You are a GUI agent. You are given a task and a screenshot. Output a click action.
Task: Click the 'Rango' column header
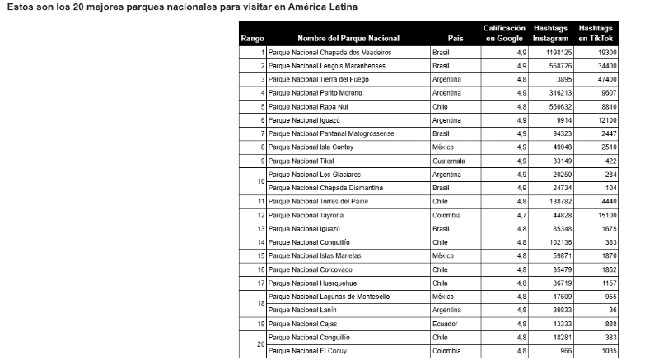coord(252,39)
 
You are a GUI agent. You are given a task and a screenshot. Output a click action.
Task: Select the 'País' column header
coord(456,39)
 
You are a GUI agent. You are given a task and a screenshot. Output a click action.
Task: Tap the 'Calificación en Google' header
coord(504,33)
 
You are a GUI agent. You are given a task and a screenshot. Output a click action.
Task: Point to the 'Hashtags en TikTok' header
coord(596,33)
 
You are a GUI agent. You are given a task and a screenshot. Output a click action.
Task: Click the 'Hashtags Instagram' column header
coord(549,33)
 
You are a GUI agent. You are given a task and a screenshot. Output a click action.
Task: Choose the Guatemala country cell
coord(449,161)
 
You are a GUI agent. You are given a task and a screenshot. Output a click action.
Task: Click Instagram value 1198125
coord(557,52)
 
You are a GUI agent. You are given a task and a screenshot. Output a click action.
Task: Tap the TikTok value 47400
coord(608,79)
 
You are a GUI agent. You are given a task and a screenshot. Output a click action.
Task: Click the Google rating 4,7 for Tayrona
coord(521,215)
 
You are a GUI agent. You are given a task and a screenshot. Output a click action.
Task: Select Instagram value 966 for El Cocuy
coord(564,351)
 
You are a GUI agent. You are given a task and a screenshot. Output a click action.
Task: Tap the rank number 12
coord(261,215)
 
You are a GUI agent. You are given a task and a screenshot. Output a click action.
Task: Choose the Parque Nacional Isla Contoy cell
coord(307,147)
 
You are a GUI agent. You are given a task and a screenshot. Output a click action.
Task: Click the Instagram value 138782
coord(559,201)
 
